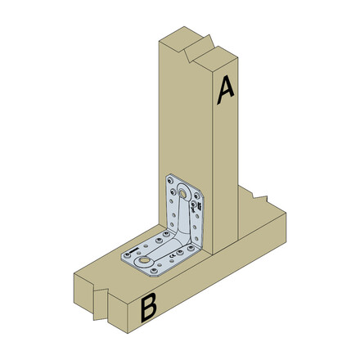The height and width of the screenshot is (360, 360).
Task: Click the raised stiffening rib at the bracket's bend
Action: pyautogui.click(x=185, y=235)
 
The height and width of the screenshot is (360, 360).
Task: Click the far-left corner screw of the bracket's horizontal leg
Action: pyautogui.click(x=126, y=255)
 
